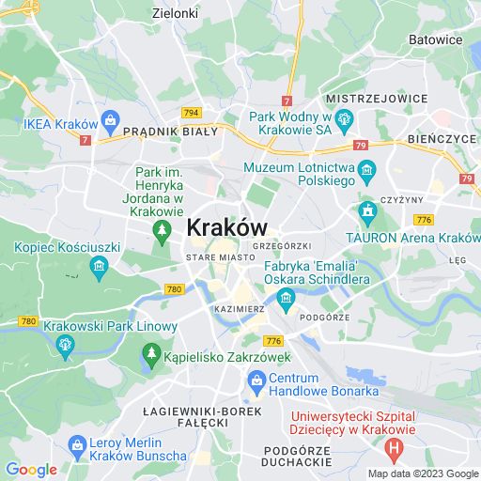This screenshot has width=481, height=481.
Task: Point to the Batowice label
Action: coord(436,39)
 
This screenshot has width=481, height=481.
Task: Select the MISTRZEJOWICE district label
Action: coord(369,98)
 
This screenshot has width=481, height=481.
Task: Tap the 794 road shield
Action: coord(192,113)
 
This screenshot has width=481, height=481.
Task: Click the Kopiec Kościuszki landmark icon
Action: coord(98,268)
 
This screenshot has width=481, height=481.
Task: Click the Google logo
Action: coord(31,470)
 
